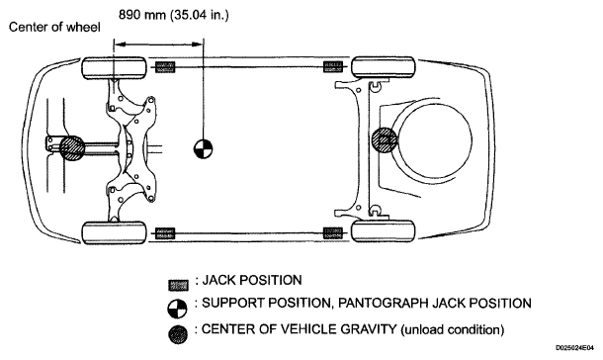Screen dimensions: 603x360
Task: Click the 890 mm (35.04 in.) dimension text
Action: pos(173,15)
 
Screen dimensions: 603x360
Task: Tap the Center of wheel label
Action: pos(54,28)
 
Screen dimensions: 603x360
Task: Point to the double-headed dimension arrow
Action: pos(158,45)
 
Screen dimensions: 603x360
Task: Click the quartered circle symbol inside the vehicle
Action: pos(203,148)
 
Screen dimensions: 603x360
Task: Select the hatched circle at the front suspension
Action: pos(72,147)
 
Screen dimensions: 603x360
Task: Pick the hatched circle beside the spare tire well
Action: pos(385,140)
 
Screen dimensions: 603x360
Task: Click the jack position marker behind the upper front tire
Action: pos(165,67)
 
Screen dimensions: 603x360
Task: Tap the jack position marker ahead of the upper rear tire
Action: pos(333,67)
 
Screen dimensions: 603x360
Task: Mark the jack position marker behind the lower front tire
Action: pos(165,233)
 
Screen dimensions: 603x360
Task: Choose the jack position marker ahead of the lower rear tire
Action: pos(333,232)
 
